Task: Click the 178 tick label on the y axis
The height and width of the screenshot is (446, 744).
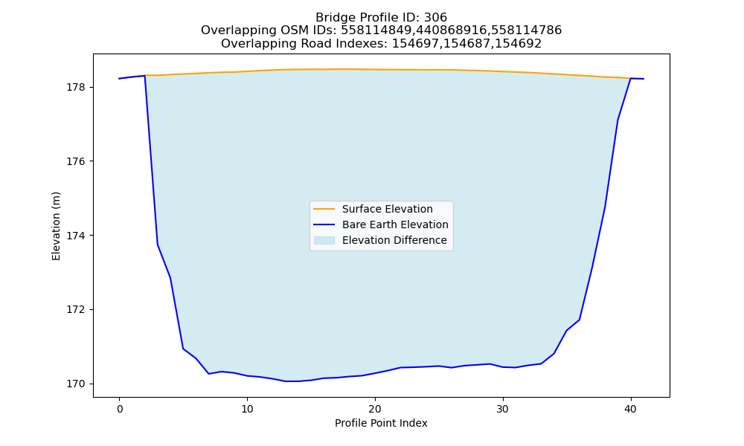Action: pos(75,87)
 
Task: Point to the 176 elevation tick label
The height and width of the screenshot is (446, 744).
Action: pos(75,161)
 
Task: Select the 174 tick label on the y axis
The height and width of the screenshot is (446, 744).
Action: pos(75,236)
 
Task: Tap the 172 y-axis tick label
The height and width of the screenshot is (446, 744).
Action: pos(75,309)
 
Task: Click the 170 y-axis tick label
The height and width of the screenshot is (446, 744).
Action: pos(75,384)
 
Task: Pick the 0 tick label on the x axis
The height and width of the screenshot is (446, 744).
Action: pos(120,409)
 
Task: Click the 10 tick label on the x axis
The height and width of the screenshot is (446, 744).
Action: pos(247,409)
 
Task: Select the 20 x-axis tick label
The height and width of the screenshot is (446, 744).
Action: pos(375,409)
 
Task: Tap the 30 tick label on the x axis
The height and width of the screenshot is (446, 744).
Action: pos(503,409)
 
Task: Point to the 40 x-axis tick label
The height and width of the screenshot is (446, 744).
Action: pos(631,409)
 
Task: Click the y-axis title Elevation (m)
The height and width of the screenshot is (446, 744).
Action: pos(56,226)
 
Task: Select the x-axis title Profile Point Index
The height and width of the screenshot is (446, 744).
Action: pos(381,423)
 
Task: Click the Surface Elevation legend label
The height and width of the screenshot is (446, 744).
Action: pos(387,209)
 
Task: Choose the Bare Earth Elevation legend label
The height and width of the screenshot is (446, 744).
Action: pos(395,224)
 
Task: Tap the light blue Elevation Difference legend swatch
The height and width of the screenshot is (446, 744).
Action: pos(324,240)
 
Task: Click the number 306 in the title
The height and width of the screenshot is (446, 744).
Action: pos(435,18)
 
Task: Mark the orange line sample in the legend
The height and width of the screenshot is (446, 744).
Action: pos(324,209)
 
